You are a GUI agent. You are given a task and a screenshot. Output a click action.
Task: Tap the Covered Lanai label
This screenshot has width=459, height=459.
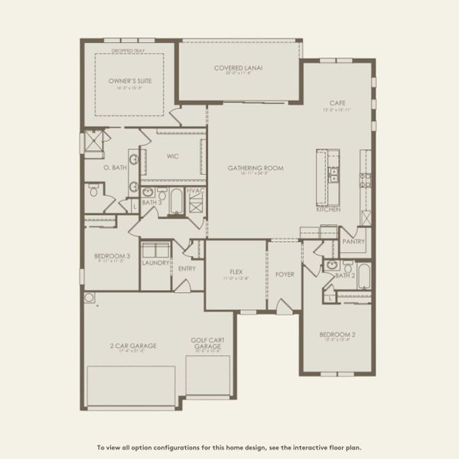238,68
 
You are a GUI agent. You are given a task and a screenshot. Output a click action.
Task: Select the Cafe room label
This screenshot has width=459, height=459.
337,103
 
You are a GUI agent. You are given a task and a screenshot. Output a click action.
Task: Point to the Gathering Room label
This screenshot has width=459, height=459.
256,168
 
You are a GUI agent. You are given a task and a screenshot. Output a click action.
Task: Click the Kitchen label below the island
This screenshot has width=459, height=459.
328,208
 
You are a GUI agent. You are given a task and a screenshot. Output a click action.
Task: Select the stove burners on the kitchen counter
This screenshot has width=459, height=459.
366,181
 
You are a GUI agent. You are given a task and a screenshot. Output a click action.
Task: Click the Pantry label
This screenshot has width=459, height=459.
353,241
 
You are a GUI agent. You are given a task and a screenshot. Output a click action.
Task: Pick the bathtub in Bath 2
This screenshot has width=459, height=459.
363,275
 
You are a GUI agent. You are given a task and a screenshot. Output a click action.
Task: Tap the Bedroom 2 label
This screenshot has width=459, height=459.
337,334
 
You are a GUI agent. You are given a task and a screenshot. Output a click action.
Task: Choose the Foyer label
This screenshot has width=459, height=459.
285,274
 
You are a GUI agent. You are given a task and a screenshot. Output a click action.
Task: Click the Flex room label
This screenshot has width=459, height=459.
236,272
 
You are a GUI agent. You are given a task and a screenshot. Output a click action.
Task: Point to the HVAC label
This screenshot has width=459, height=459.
195,190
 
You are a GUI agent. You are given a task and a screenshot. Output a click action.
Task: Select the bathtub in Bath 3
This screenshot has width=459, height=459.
176,201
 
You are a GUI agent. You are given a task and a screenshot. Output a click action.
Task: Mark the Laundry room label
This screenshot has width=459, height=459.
155,262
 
